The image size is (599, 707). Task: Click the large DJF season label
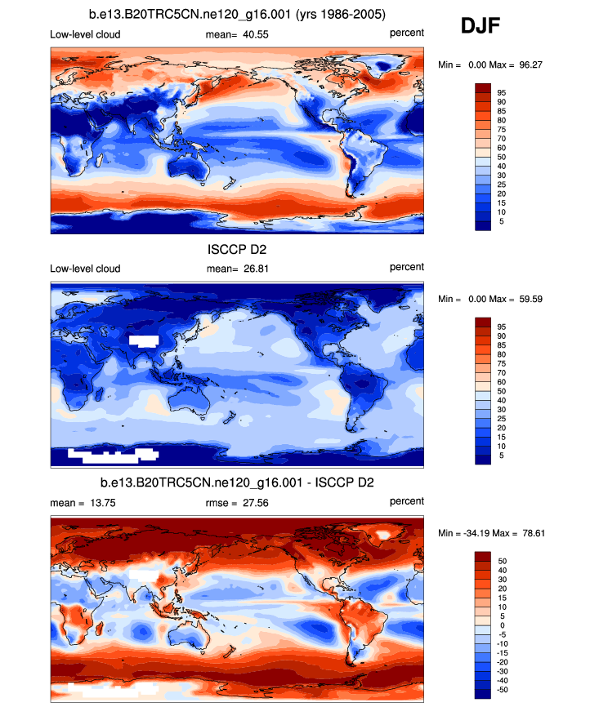click(481, 26)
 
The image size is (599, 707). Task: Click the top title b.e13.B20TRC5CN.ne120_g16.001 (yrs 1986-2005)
click(237, 16)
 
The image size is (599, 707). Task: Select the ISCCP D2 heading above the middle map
click(237, 250)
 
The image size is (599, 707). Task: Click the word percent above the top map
click(406, 33)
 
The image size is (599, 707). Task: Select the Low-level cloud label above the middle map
click(85, 269)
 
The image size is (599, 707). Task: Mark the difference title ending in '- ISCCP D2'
click(237, 483)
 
